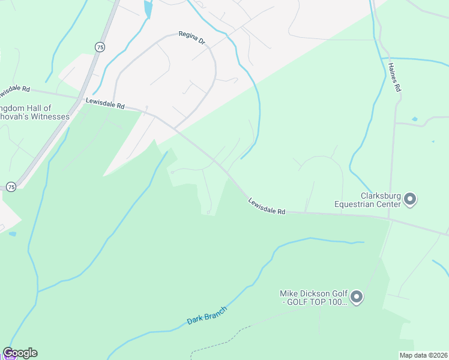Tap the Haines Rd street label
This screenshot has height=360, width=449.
pyautogui.click(x=394, y=77)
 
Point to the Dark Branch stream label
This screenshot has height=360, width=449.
pyautogui.click(x=207, y=316)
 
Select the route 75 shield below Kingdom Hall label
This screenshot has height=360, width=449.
pyautogui.click(x=11, y=187)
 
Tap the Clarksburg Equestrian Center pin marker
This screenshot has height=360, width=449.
pyautogui.click(x=410, y=198)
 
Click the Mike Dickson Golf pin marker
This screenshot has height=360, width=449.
pyautogui.click(x=357, y=296)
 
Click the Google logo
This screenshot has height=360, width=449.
pyautogui.click(x=20, y=353)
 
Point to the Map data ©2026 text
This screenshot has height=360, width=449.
pyautogui.click(x=423, y=355)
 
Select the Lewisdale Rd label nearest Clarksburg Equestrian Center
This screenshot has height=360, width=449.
pyautogui.click(x=267, y=206)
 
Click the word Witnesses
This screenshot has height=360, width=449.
pyautogui.click(x=50, y=116)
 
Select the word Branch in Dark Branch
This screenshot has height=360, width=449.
pyautogui.click(x=216, y=312)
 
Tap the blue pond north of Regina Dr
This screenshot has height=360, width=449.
pyautogui.click(x=148, y=8)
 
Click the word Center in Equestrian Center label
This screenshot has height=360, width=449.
pyautogui.click(x=388, y=204)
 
